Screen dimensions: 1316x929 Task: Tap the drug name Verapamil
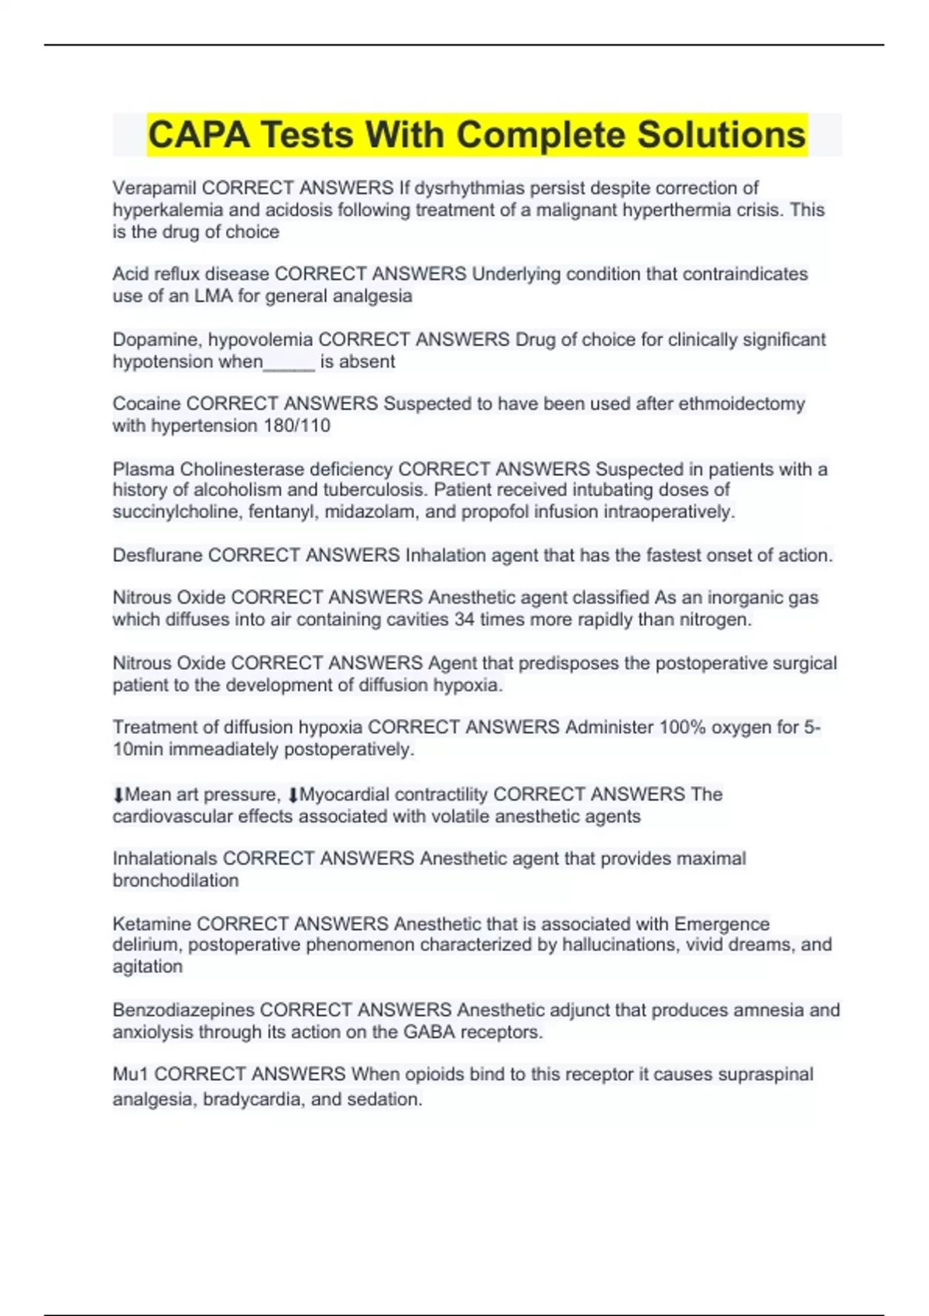click(154, 188)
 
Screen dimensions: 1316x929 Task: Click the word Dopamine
click(157, 340)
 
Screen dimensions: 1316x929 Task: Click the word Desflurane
click(157, 555)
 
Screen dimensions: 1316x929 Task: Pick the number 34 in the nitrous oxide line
click(464, 619)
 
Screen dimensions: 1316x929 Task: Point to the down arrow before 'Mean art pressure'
click(118, 795)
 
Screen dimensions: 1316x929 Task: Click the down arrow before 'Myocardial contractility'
click(293, 795)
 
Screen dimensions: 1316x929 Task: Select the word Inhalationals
click(165, 858)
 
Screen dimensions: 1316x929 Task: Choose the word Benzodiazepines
click(183, 1010)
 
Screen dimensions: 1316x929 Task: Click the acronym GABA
click(429, 1032)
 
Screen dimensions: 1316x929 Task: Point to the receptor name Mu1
click(130, 1074)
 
